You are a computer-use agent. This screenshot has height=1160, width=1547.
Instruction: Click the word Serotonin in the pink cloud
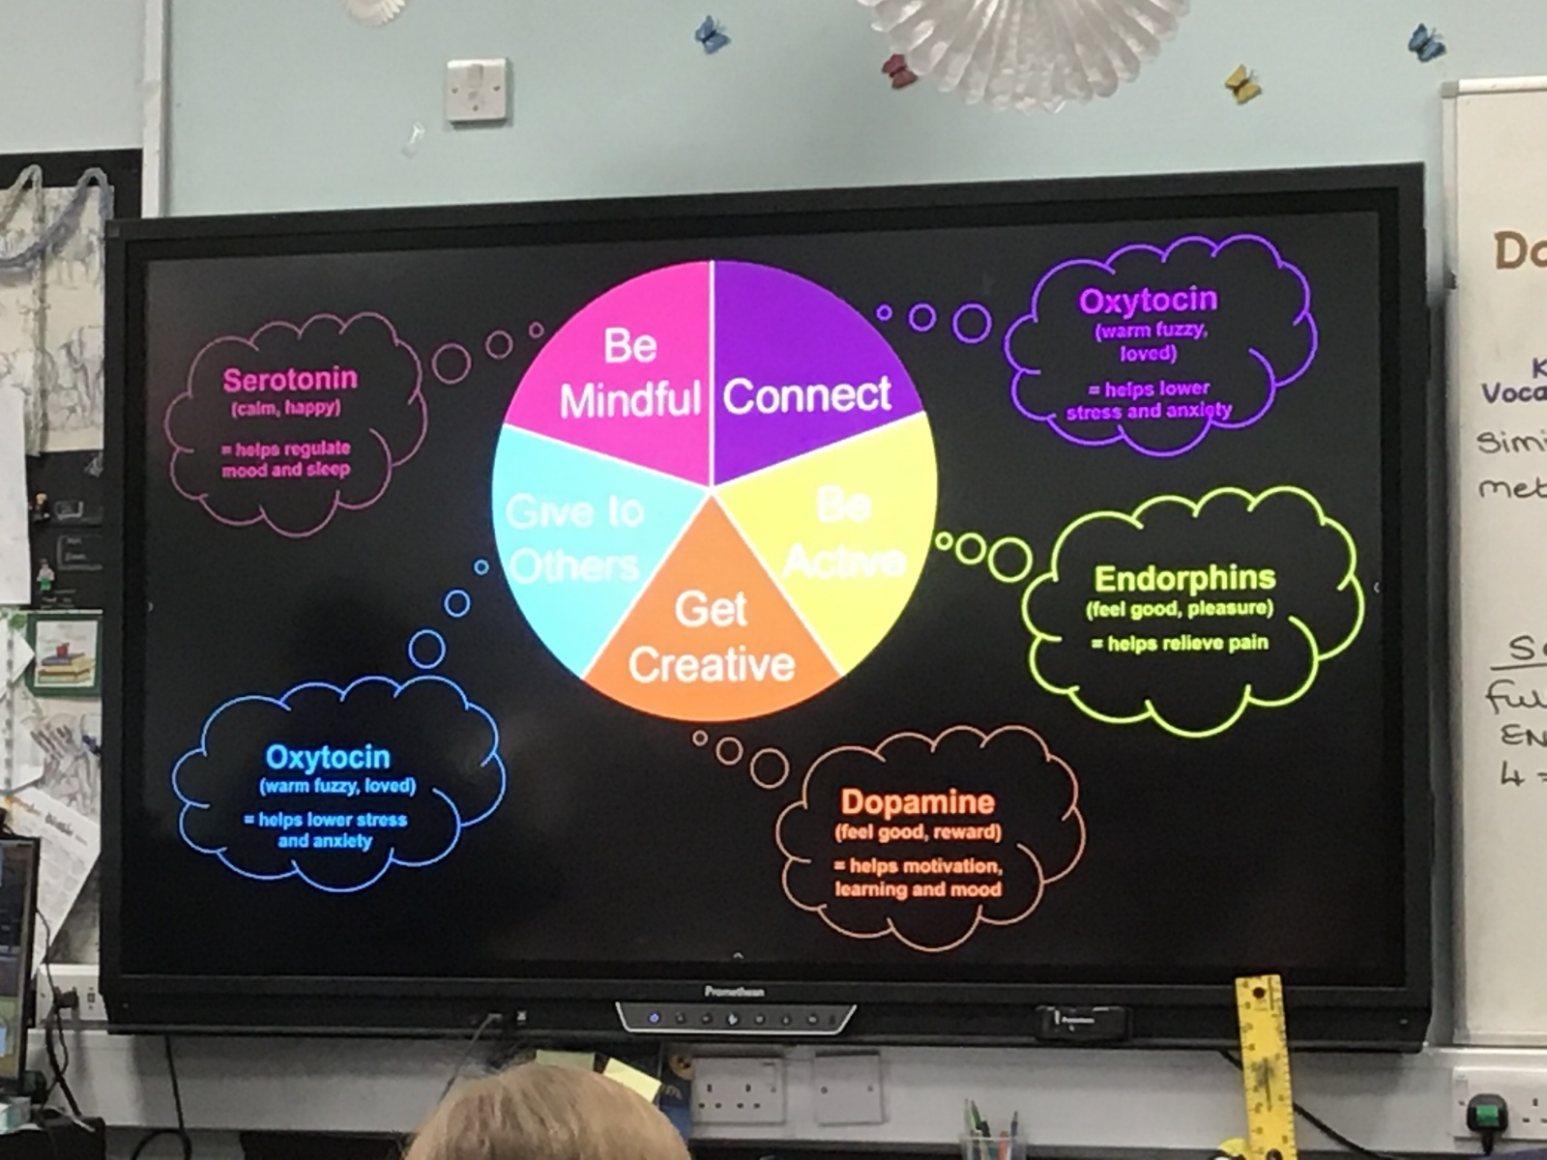pyautogui.click(x=290, y=379)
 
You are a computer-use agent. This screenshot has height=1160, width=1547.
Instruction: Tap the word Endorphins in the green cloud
pyautogui.click(x=1184, y=578)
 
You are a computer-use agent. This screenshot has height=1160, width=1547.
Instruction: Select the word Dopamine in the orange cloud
pyautogui.click(x=917, y=801)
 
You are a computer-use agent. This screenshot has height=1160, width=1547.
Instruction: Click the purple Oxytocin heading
pyautogui.click(x=1148, y=301)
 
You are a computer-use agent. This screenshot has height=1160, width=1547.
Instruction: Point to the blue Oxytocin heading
pyautogui.click(x=328, y=757)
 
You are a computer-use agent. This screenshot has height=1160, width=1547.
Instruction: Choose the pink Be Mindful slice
pyautogui.click(x=628, y=372)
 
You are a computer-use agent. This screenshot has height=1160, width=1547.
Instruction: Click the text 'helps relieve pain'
pyautogui.click(x=1186, y=643)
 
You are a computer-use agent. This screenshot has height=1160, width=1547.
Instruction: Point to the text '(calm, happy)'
pyautogui.click(x=285, y=408)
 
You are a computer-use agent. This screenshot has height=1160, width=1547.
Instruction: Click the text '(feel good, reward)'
pyautogui.click(x=918, y=832)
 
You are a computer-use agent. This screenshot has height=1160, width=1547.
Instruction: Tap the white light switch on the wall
pyautogui.click(x=477, y=90)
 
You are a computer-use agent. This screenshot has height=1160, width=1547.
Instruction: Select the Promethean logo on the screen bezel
pyautogui.click(x=734, y=992)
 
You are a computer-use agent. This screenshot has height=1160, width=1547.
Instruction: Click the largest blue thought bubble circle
pyautogui.click(x=426, y=649)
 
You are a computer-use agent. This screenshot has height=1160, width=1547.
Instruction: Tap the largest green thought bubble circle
pyautogui.click(x=1009, y=560)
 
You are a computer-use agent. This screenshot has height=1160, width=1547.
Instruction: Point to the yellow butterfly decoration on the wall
pyautogui.click(x=1241, y=84)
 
